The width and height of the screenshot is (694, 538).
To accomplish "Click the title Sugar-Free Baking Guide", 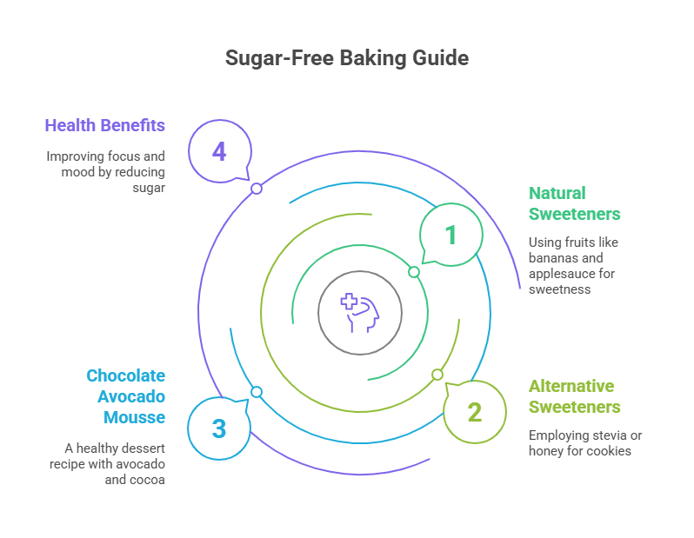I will (x=346, y=58).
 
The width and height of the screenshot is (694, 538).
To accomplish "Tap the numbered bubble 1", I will (x=450, y=235).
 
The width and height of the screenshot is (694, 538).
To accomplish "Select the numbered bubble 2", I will (x=474, y=412).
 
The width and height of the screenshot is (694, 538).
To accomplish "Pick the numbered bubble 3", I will (x=219, y=428).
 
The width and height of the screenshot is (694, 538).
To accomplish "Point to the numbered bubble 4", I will (x=219, y=151).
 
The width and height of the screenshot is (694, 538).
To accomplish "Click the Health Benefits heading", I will (x=104, y=125).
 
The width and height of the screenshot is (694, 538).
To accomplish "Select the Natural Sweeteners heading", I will (x=574, y=203).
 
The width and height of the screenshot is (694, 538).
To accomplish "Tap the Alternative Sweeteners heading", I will (x=574, y=396).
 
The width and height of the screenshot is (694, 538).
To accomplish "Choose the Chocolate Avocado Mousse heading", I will (x=125, y=396).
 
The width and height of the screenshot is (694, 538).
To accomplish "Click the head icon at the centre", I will (x=359, y=312).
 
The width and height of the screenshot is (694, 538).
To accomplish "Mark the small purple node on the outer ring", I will (x=257, y=189).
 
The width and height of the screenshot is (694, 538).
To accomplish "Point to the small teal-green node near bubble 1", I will (x=414, y=272).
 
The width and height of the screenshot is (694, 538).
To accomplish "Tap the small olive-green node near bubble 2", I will (x=437, y=375).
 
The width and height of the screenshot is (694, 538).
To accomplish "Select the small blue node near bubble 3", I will (x=257, y=392).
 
